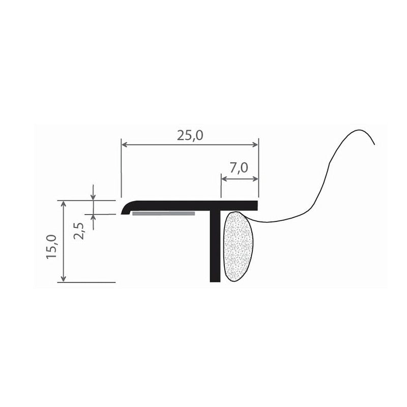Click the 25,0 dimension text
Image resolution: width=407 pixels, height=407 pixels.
coord(190,135)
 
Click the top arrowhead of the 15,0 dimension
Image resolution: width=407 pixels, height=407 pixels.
coord(63,204)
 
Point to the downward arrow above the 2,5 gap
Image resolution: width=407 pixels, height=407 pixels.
coord(93,197)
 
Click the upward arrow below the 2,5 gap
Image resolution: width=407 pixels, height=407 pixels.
coord(93,217)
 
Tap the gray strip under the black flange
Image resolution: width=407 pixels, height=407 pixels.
coord(163,214)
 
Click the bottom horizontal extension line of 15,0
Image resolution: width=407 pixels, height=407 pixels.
coord(86,282)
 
